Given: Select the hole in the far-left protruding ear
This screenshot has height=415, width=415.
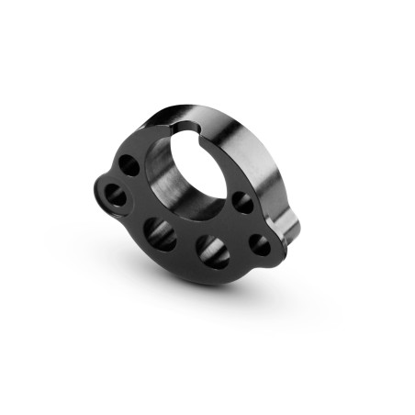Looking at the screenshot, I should coord(117,195).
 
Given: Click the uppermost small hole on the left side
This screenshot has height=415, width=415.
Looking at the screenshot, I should coord(129,166).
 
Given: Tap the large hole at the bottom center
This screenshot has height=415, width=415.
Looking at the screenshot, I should coord(212,252).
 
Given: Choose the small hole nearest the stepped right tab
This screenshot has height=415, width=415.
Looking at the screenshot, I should coord(260,245).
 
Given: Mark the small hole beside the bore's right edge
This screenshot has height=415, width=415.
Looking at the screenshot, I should coord(242,202).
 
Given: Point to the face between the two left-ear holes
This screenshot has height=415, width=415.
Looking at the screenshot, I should coord(122,181).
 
